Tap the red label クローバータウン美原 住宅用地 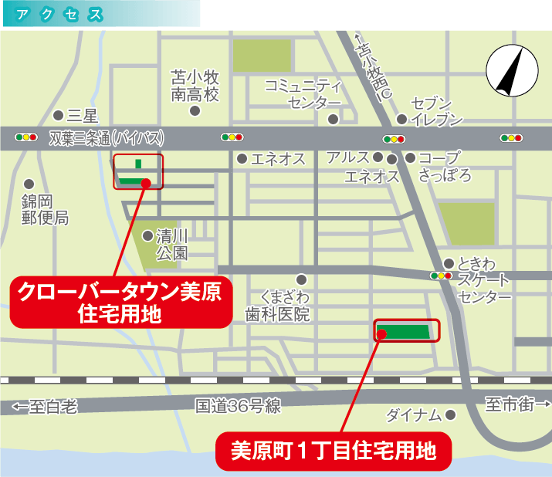click(x=120, y=302)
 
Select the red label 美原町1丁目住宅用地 click(x=333, y=448)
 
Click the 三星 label click(x=83, y=117)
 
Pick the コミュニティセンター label click(x=303, y=93)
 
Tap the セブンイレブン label click(x=436, y=111)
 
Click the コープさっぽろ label click(x=445, y=167)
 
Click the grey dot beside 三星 click(x=59, y=116)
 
